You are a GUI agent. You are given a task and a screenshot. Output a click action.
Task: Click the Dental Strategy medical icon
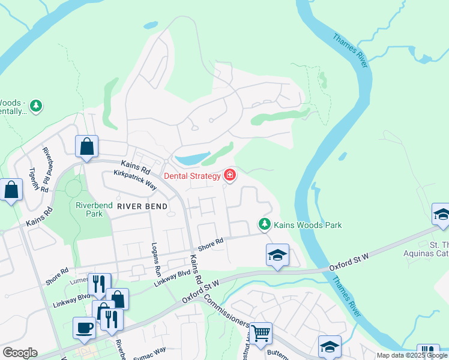pyautogui.click(x=229, y=175)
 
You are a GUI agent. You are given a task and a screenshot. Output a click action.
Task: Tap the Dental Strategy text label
pyautogui.click(x=193, y=176)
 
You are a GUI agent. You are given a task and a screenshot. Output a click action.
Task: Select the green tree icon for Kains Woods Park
pyautogui.click(x=264, y=224)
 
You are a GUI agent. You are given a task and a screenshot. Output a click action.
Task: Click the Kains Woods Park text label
pyautogui.click(x=308, y=225)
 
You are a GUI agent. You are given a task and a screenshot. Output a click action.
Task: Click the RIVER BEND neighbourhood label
pyautogui.click(x=142, y=206)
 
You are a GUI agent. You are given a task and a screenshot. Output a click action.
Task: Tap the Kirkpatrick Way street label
pyautogui.click(x=135, y=180)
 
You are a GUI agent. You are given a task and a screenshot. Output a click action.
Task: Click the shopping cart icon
pyautogui.click(x=261, y=332)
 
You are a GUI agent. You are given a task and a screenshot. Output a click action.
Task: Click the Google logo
pyautogui.click(x=20, y=353)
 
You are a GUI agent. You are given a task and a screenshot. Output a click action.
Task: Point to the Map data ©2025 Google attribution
pyautogui.click(x=412, y=355)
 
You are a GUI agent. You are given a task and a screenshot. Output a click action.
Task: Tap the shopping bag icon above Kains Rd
pyautogui.click(x=86, y=146)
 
